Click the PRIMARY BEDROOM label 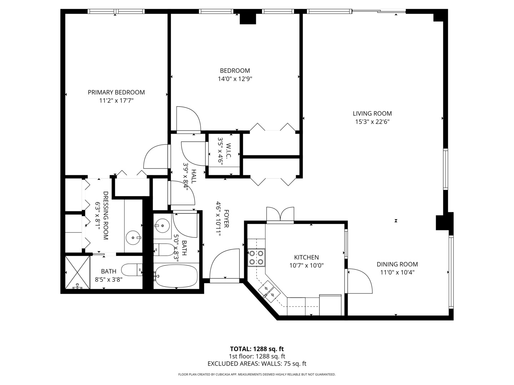(x=116, y=92)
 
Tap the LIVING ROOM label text (x=372, y=113)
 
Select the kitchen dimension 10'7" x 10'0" (x=306, y=265)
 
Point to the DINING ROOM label (x=397, y=264)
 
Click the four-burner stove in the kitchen (x=257, y=257)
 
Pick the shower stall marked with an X (x=77, y=272)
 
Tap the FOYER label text (x=226, y=219)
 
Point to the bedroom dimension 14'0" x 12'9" (x=235, y=79)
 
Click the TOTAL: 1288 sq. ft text (x=257, y=349)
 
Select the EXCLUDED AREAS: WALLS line (x=257, y=364)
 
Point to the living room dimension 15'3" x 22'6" (x=372, y=122)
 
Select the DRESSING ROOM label (x=106, y=215)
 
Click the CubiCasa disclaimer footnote (x=257, y=374)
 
